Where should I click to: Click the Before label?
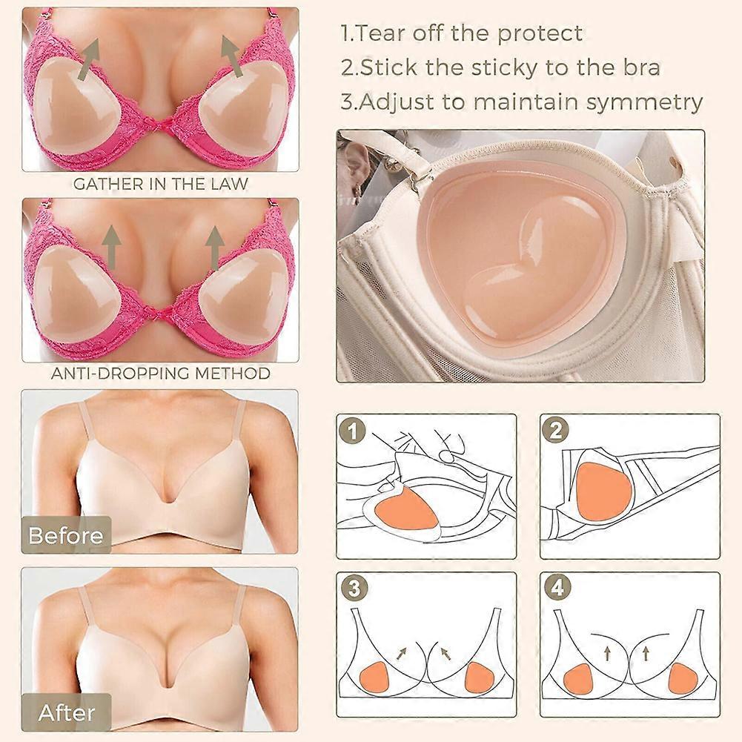65,535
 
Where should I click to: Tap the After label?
67,712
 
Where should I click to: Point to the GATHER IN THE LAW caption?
160,184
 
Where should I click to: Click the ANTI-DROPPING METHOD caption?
160,374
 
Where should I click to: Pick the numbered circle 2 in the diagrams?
556,430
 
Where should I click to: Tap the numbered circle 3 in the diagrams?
354,589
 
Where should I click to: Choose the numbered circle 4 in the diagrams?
558,589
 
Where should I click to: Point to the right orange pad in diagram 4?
683,678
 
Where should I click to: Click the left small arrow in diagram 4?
608,654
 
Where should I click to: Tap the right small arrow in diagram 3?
445,654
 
